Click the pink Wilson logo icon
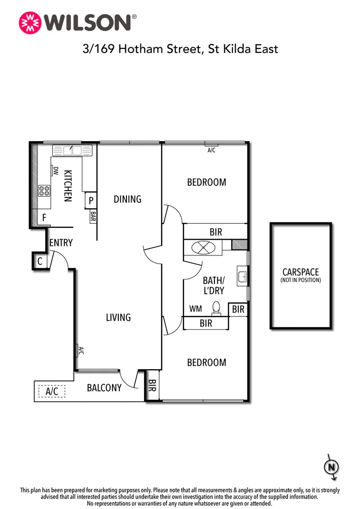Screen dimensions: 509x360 [x=30, y=22]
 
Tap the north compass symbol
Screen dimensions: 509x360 [x=332, y=467]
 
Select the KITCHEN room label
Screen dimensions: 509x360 [x=68, y=185]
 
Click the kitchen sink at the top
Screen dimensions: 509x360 [x=72, y=150]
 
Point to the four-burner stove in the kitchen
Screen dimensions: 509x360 [x=45, y=191]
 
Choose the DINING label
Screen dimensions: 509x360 [x=127, y=199]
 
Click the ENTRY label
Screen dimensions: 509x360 [x=61, y=243]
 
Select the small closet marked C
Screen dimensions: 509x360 [x=40, y=262]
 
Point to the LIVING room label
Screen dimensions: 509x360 [x=118, y=317]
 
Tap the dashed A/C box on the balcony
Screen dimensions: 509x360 [x=51, y=391]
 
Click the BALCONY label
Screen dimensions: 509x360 [x=104, y=388]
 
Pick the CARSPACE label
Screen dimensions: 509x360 [x=300, y=272]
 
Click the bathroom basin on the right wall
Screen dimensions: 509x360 [x=242, y=277]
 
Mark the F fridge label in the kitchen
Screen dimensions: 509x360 [x=44, y=218]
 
